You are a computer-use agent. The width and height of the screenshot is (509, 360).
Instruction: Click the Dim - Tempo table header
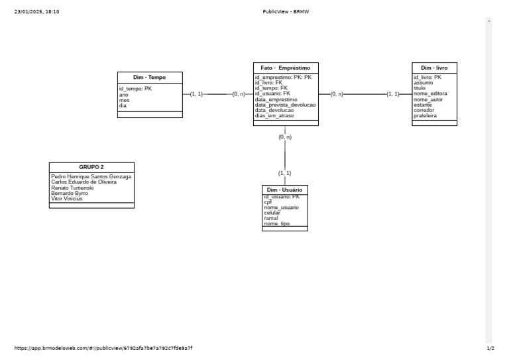tap(149, 78)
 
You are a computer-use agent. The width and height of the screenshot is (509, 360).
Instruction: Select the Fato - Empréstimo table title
tap(285, 68)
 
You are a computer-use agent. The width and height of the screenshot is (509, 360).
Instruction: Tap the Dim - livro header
tap(433, 68)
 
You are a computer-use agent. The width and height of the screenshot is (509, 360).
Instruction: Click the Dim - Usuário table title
tap(284, 190)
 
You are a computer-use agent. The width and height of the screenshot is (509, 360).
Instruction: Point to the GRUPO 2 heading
tap(91, 167)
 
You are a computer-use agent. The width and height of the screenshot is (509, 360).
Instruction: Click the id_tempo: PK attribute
tap(135, 89)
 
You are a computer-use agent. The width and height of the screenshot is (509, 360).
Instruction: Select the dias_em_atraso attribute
tap(274, 116)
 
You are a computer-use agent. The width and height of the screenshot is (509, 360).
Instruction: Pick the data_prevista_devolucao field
tap(285, 105)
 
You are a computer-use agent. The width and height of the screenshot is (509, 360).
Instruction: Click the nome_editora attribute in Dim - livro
tap(430, 93)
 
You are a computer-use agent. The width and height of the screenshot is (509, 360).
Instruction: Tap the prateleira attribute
tap(425, 115)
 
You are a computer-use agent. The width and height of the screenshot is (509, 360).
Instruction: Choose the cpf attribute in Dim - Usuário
tap(268, 202)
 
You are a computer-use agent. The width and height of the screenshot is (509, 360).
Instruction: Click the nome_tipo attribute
tap(276, 224)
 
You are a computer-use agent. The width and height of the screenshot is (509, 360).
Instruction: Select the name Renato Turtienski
tap(72, 188)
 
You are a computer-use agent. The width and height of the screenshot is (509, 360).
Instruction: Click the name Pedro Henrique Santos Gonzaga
tap(91, 177)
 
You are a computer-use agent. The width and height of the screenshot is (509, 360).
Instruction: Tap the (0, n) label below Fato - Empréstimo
tap(285, 137)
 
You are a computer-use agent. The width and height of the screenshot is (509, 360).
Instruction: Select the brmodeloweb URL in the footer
tap(103, 348)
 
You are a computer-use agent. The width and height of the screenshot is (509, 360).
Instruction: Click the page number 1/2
tap(490, 348)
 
